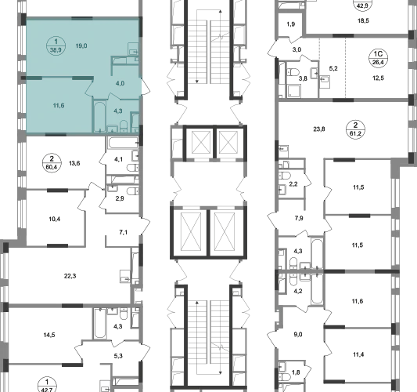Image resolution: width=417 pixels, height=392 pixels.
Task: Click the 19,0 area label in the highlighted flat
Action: coord(81,45)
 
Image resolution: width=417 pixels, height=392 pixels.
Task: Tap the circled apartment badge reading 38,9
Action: coord(56,45)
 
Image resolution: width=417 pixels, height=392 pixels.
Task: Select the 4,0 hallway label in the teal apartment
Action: coord(120,83)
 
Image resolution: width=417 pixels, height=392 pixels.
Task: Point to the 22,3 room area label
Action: coord(70,276)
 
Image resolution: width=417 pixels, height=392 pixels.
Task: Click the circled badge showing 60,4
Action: coord(52,163)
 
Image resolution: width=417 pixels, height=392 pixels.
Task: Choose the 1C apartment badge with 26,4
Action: coord(378,58)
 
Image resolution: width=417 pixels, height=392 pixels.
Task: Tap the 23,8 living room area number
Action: coord(319,129)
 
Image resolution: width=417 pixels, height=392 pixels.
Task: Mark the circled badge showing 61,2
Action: coord(355,129)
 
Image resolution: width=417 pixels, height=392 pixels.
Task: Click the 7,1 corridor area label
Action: coord(123,232)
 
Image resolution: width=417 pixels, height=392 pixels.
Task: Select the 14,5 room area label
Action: coord(49,335)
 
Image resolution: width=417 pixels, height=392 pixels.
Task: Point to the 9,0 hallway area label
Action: coord(298,335)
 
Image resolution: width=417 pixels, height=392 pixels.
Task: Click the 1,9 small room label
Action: coord(291,24)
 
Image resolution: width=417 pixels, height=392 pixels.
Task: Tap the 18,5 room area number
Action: coord(363,20)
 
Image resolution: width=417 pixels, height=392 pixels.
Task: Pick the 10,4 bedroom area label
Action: coord(55,219)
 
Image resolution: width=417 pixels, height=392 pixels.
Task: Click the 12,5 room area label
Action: coord(378,78)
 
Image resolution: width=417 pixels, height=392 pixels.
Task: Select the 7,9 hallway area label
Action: coord(299,218)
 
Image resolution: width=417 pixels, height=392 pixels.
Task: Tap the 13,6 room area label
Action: coord(74,163)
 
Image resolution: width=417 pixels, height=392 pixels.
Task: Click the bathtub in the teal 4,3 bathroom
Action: coord(99,116)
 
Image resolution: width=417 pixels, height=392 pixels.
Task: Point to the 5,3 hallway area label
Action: coord(118,356)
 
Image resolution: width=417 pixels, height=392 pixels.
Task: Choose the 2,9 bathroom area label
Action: coord(120,198)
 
